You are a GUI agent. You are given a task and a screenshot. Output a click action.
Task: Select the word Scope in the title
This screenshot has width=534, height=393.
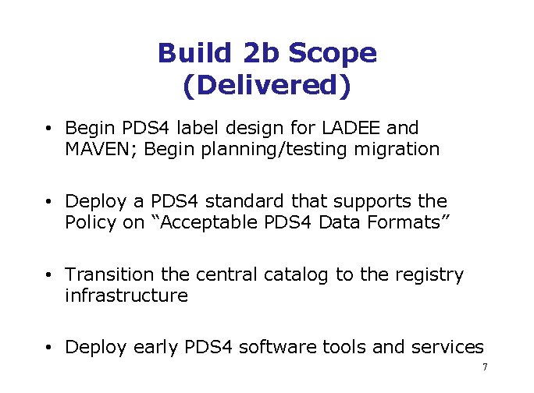click(333, 53)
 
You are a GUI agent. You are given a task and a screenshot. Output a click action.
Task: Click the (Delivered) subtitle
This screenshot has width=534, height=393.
click(267, 86)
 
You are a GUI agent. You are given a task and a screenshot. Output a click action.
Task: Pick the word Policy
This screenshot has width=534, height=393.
click(90, 222)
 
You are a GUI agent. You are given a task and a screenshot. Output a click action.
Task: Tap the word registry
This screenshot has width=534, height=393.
click(431, 274)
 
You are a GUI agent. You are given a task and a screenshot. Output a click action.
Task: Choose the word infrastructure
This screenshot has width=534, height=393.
click(126, 296)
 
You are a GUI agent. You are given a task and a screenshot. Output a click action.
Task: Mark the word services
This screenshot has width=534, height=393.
click(447, 348)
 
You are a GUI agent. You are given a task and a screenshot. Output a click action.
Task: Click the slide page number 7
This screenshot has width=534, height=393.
click(485, 367)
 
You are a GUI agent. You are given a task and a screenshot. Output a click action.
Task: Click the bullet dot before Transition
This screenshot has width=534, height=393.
click(48, 275)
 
